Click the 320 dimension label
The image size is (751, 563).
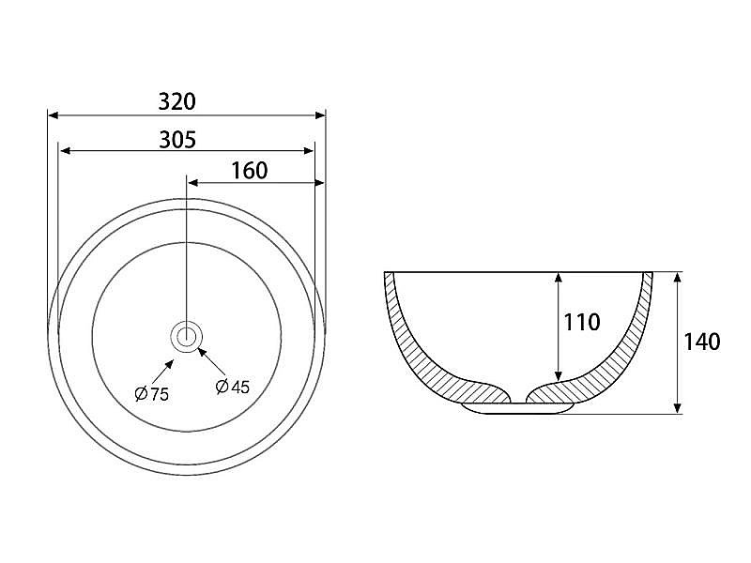[x=176, y=101]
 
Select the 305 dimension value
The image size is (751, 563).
[x=177, y=140]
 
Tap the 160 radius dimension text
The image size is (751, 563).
[x=250, y=171]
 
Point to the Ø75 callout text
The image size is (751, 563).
[x=152, y=394]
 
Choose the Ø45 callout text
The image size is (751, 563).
[x=232, y=387]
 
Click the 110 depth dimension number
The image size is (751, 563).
[x=582, y=322]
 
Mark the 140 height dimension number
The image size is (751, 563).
[x=701, y=342]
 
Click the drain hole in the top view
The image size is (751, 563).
[x=186, y=337]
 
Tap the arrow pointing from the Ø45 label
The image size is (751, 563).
[x=212, y=361]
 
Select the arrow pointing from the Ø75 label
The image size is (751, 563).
[x=162, y=372]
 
